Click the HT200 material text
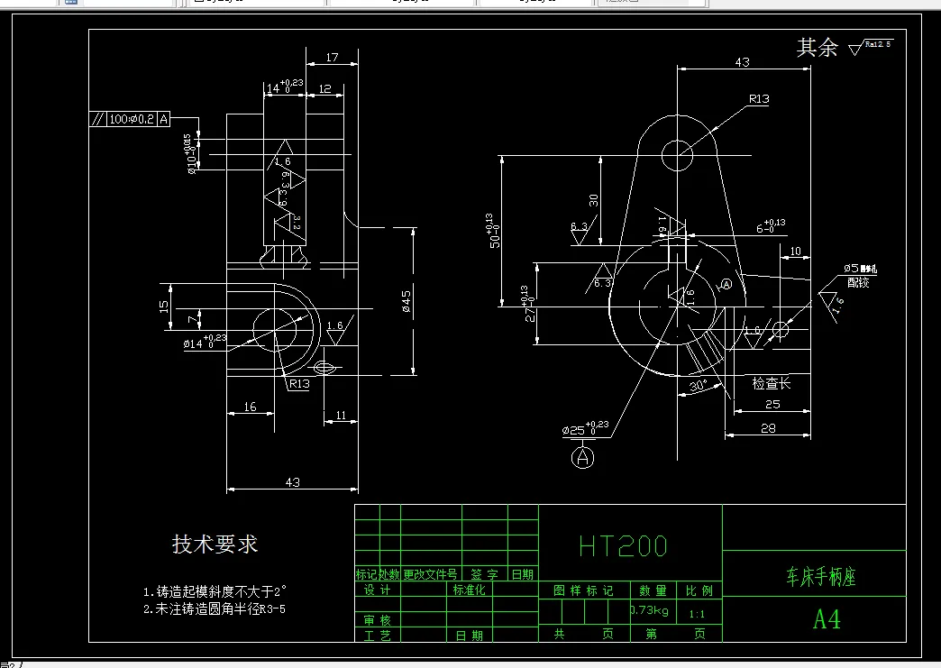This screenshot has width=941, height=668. pos(623,545)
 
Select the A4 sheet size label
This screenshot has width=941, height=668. pos(827,619)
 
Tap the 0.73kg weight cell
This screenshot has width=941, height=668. pos(650,611)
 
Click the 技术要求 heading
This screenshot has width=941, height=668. pos(215,544)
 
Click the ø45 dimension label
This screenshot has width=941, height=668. pos(407,302)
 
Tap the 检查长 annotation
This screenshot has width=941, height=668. pos(772,383)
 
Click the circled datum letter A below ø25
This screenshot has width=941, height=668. pos(583,458)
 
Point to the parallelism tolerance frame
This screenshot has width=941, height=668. pos(130,119)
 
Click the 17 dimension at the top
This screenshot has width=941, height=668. pos(332,59)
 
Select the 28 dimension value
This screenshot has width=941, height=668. pos(768,428)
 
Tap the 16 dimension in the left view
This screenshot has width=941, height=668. pos(251,407)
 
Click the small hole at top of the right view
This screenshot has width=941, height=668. pos(678,155)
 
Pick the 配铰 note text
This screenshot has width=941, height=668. pos(858,282)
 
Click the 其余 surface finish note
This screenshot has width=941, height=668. pos(818,48)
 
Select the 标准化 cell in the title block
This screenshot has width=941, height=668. pos(470,590)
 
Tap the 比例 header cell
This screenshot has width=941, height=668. pos(699,590)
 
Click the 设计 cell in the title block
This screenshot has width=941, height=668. pos(378,590)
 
